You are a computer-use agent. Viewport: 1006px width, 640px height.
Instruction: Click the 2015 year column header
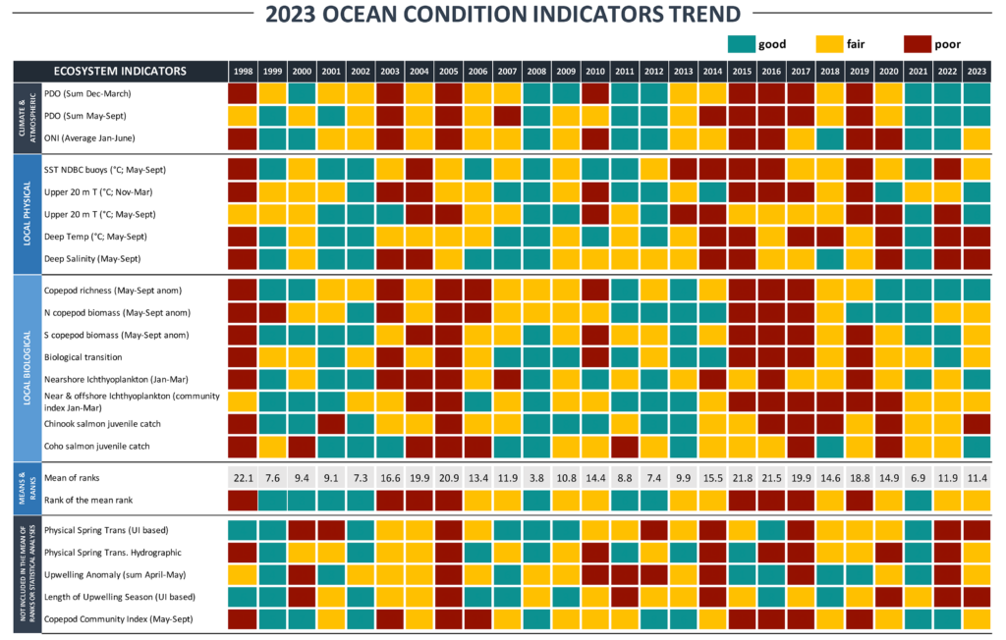(x=741, y=71)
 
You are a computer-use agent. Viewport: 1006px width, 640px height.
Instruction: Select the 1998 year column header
(x=242, y=71)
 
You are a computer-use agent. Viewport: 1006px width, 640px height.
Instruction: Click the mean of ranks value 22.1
(x=242, y=476)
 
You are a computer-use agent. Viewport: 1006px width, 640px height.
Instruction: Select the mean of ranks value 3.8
(x=535, y=476)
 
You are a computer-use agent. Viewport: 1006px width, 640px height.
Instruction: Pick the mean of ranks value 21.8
(x=741, y=476)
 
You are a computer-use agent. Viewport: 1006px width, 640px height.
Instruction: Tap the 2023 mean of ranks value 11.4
(x=976, y=476)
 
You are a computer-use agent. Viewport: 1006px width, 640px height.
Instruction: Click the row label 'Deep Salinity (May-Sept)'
(x=93, y=258)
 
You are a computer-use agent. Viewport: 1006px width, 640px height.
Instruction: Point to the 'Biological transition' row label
(x=85, y=356)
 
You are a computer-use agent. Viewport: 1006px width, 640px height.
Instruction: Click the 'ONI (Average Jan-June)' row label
(x=93, y=136)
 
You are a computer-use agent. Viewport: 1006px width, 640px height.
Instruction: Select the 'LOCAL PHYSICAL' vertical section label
(x=23, y=214)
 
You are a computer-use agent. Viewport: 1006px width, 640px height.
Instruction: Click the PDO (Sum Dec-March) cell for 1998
(x=242, y=93)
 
